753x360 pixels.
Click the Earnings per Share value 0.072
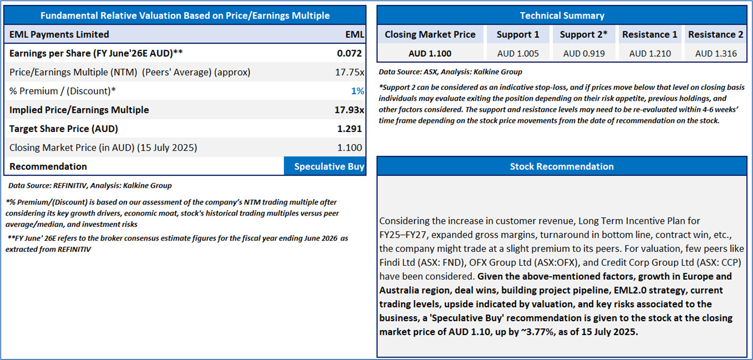coord(349,53)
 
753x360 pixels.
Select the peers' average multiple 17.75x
coord(349,72)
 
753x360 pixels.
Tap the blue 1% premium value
coord(357,91)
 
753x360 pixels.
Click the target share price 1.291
coord(349,129)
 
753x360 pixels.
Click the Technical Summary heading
coord(562,15)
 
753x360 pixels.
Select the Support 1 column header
coord(518,35)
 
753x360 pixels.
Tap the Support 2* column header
coord(584,35)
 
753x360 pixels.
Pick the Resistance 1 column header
coord(650,35)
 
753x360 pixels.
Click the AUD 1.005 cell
coord(518,53)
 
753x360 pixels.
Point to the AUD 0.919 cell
coord(584,53)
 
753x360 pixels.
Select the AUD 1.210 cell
coord(650,53)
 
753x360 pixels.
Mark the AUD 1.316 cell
coord(716,53)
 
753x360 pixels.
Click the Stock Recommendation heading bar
coord(562,167)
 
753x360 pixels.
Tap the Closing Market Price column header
coord(430,35)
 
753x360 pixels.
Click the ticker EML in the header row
coord(355,35)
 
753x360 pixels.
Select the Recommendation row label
coord(48,167)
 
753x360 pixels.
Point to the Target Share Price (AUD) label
coord(64,129)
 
